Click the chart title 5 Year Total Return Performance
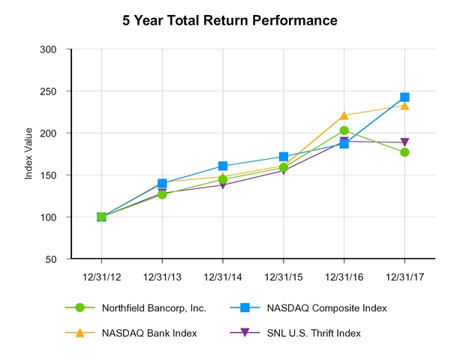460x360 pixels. pyautogui.click(x=230, y=20)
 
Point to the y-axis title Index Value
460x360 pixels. pyautogui.click(x=29, y=154)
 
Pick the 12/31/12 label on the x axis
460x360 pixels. pyautogui.click(x=101, y=275)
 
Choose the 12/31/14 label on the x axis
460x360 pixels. pyautogui.click(x=223, y=275)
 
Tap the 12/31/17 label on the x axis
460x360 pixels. pyautogui.click(x=404, y=275)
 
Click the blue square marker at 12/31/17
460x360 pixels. pyautogui.click(x=404, y=97)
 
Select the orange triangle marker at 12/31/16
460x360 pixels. pyautogui.click(x=344, y=115)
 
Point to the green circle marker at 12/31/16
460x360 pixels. pyautogui.click(x=344, y=130)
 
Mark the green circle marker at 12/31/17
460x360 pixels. pyautogui.click(x=404, y=152)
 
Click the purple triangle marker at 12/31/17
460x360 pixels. pyautogui.click(x=404, y=142)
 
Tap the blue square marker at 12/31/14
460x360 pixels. pyautogui.click(x=223, y=166)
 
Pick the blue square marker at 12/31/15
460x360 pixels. pyautogui.click(x=284, y=157)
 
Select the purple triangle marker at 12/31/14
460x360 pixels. pyautogui.click(x=223, y=184)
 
